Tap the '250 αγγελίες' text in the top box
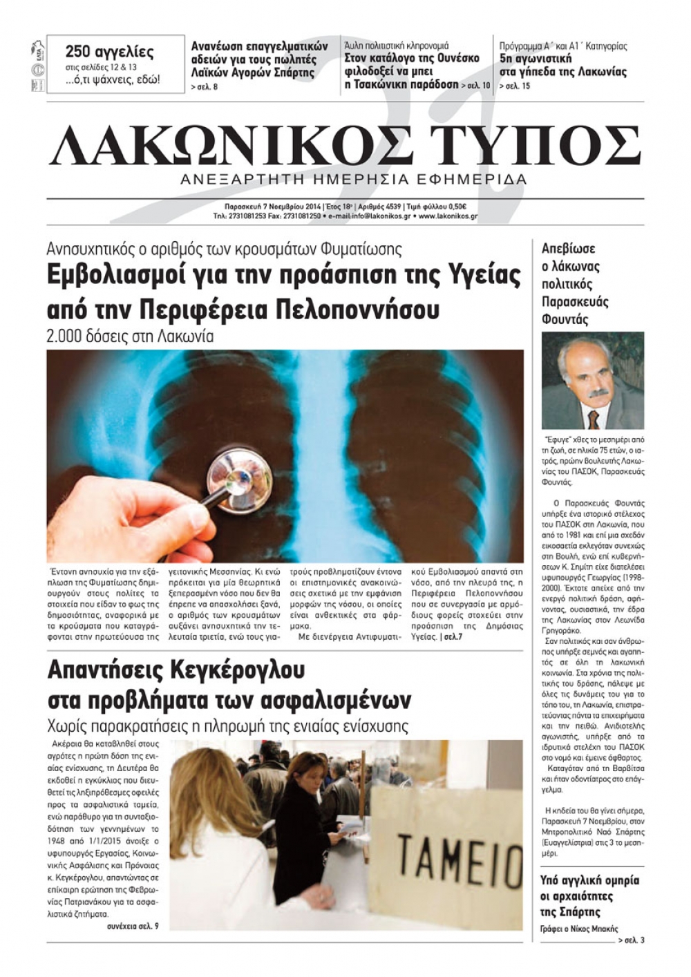109,52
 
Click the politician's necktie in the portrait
594,418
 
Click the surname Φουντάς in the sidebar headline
565,320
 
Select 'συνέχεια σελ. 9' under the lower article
133,926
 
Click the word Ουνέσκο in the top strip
453,58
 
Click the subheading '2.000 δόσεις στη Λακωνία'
130,336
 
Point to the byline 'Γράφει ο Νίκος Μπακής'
579,929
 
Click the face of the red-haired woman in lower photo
309,786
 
